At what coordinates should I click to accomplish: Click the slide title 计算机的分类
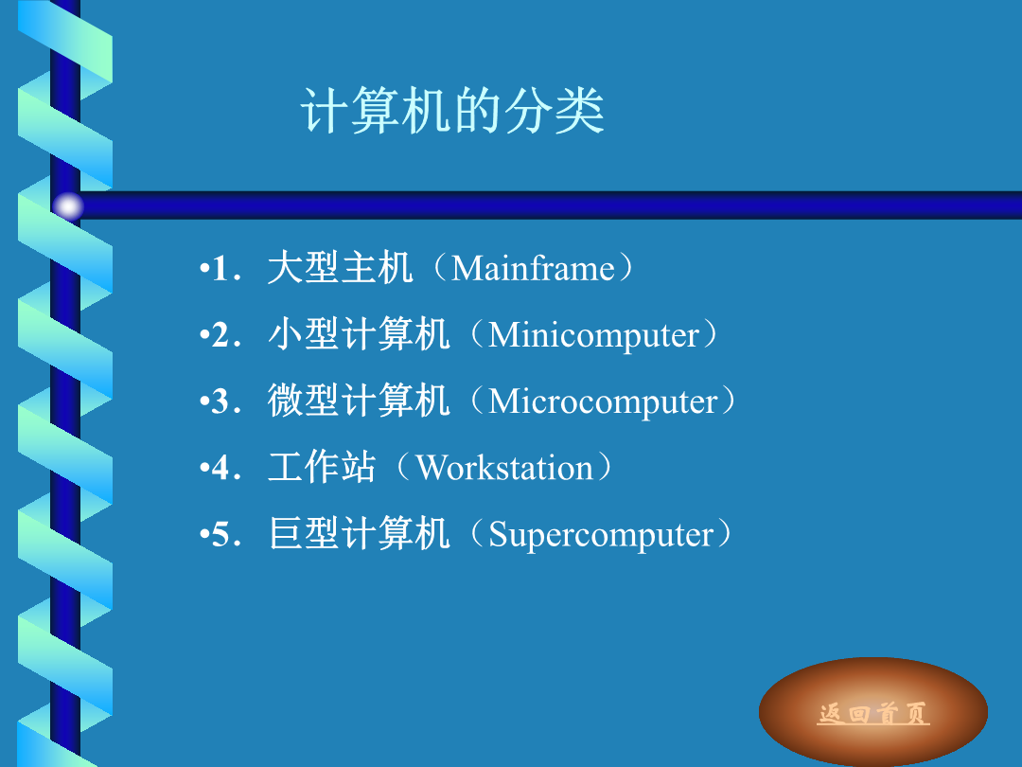(452, 110)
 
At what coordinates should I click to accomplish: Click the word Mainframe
(533, 268)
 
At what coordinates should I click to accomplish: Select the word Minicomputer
(593, 335)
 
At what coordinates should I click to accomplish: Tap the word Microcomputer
(603, 401)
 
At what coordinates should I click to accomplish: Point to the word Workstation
(503, 468)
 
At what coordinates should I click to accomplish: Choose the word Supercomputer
(600, 535)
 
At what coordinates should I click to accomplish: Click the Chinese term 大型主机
(340, 267)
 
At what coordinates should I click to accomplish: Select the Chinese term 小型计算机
(359, 334)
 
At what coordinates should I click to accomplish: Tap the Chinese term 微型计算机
(359, 401)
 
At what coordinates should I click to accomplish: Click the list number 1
(220, 269)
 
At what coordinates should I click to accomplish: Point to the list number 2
(220, 335)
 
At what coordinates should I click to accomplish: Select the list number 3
(220, 401)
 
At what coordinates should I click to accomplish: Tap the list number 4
(220, 469)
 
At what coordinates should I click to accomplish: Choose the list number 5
(220, 535)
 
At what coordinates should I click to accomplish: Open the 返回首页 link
(873, 713)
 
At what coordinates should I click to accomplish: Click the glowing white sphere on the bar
(68, 206)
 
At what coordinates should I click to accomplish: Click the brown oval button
(873, 711)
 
